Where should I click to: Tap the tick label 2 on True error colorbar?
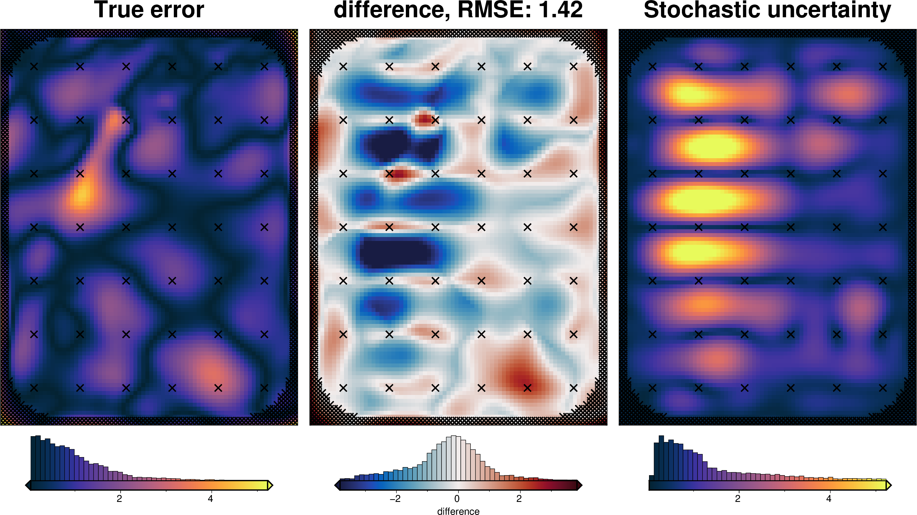tap(119, 499)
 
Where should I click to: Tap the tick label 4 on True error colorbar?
tap(210, 499)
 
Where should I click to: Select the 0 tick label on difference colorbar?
tap(457, 499)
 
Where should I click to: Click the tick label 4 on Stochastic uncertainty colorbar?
tap(829, 499)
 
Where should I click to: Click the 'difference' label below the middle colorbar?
tap(458, 511)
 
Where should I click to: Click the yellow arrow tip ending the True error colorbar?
tap(270, 485)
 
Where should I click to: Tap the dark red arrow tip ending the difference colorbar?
tap(580, 485)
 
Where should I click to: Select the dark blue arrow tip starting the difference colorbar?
tap(337, 485)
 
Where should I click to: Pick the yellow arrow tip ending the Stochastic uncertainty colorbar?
tap(889, 485)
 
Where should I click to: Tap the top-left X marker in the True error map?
tap(34, 67)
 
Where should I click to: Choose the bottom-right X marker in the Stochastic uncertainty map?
tap(882, 388)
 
